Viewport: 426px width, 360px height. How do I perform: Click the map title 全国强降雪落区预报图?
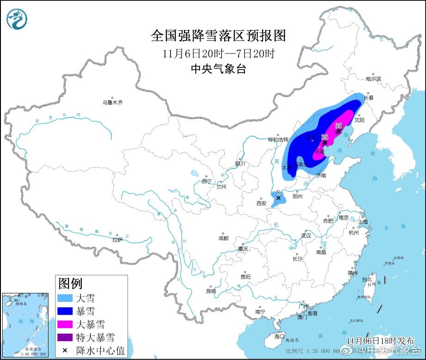coord(219,36)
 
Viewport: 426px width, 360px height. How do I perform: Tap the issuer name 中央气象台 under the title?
coord(219,69)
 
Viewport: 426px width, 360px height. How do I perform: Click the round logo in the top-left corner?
coord(17,19)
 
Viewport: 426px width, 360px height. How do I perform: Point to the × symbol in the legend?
coord(65,351)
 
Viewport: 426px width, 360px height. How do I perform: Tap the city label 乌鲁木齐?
coord(113,103)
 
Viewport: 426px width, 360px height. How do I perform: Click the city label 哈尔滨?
coord(373,79)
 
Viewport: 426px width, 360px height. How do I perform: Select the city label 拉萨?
coord(117,239)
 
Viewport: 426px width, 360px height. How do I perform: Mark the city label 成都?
coord(223,238)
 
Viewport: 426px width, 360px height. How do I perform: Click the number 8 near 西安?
coord(277,192)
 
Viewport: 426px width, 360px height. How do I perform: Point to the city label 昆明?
coord(210,291)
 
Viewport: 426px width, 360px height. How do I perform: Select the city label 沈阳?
coord(359,120)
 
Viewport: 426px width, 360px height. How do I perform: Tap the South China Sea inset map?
coord(26,323)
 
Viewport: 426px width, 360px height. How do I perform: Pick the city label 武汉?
coord(306,236)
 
